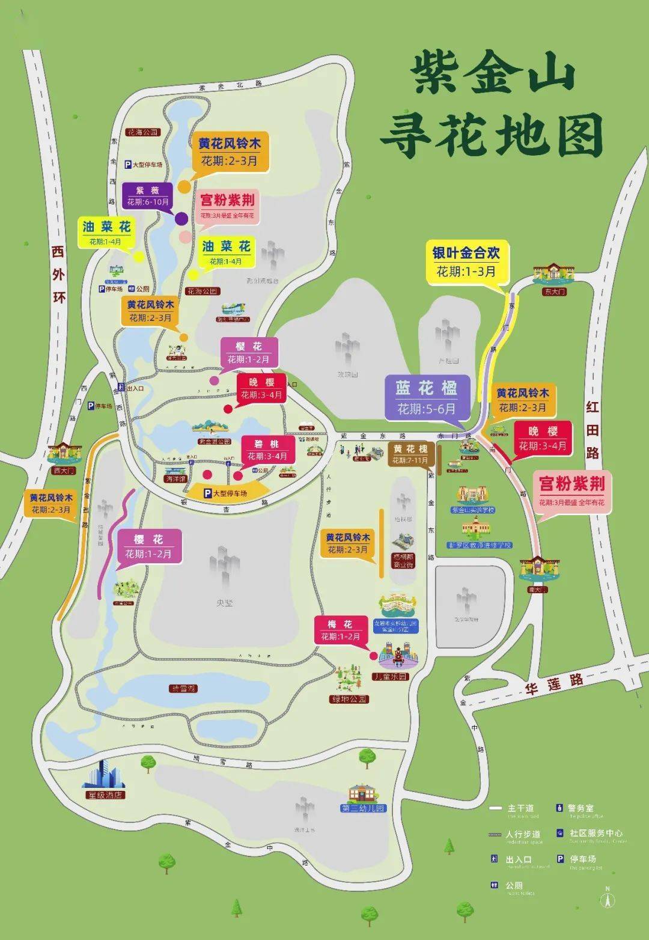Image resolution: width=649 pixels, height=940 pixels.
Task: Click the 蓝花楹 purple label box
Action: tap(426, 397)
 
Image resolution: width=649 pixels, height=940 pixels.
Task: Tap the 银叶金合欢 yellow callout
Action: tap(466, 261)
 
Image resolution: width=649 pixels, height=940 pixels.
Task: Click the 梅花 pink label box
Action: tap(340, 630)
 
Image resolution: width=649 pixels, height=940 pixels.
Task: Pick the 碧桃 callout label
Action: tap(267, 449)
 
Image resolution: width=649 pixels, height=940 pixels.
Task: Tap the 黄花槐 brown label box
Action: tap(411, 454)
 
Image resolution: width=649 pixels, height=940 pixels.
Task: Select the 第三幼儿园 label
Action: tap(363, 808)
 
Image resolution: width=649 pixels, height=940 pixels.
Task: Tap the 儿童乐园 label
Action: tap(391, 677)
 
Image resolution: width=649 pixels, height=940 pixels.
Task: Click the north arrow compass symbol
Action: tap(608, 899)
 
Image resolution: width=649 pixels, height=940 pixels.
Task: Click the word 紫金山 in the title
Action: tap(493, 75)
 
